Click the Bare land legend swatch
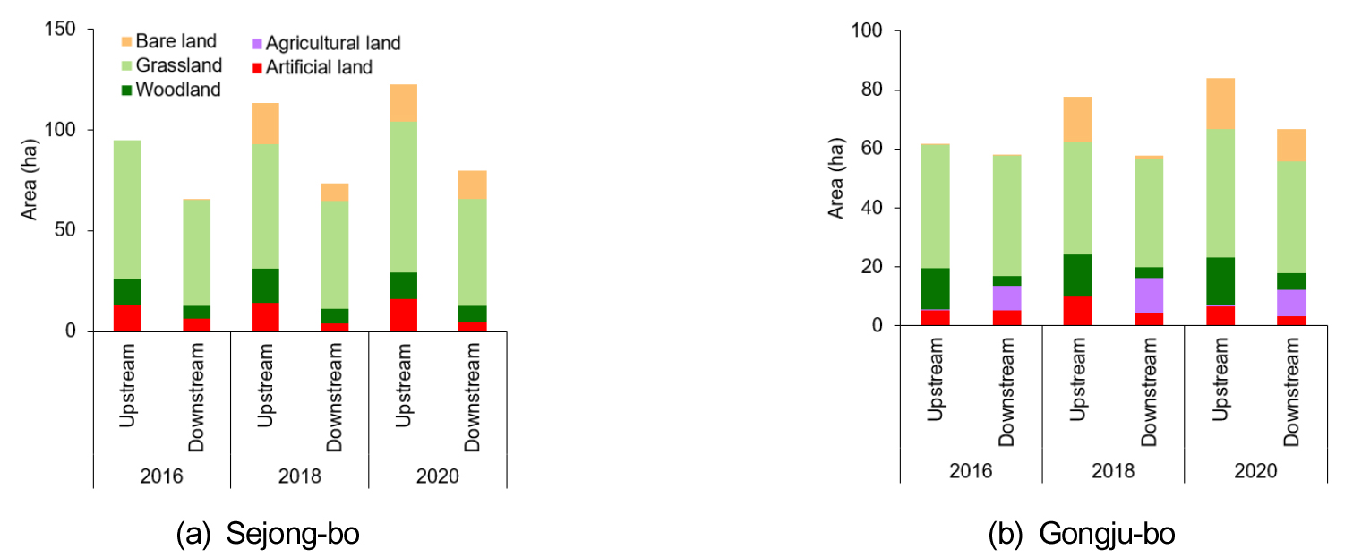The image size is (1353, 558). tap(126, 41)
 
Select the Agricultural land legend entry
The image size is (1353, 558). tap(325, 43)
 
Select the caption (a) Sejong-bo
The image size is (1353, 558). tap(268, 535)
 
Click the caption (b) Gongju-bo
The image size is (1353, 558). tap(1081, 535)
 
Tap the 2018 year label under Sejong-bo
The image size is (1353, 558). tap(299, 476)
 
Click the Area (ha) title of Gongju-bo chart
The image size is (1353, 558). tap(837, 178)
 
